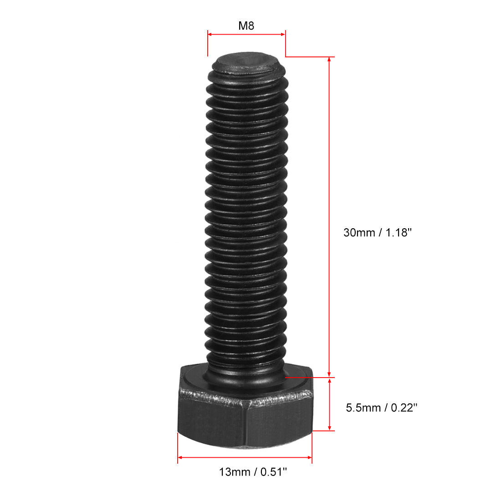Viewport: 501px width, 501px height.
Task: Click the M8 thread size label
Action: click(246, 26)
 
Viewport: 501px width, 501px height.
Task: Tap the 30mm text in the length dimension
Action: click(359, 232)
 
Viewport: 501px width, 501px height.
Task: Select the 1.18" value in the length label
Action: click(399, 232)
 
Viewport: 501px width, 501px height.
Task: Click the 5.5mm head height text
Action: click(363, 408)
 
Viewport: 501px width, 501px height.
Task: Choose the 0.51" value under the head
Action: click(273, 472)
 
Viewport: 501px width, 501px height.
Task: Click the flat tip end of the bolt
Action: click(246, 61)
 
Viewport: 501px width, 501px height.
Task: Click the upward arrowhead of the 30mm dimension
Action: click(329, 60)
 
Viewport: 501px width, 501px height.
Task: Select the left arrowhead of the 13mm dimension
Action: click(180, 456)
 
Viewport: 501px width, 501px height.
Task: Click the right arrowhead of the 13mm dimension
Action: click(309, 456)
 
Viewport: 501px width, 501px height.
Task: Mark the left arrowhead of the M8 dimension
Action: click(210, 33)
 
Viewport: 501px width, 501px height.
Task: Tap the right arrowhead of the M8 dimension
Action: click(282, 33)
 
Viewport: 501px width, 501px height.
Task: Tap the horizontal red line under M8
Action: click(246, 33)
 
